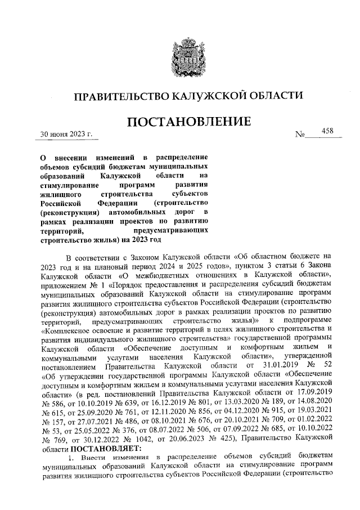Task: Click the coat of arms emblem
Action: tap(181, 52)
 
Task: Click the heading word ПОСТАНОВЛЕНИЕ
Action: tap(181, 122)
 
